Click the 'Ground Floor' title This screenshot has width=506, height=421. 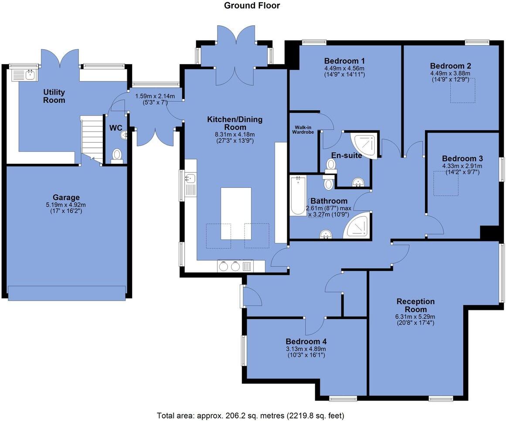[251, 6]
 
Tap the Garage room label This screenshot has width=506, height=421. [66, 197]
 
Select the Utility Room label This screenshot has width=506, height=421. [54, 96]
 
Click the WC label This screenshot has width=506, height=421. [116, 128]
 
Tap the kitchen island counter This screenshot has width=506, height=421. [236, 213]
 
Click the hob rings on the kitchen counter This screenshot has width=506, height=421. [230, 266]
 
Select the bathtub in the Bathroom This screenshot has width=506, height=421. [299, 196]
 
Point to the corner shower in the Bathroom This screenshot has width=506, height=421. [357, 226]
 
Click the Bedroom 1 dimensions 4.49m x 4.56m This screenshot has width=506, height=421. [344, 68]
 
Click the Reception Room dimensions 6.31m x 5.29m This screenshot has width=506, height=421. [415, 317]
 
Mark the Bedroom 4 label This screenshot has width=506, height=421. [306, 341]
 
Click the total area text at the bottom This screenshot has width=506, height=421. [253, 415]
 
